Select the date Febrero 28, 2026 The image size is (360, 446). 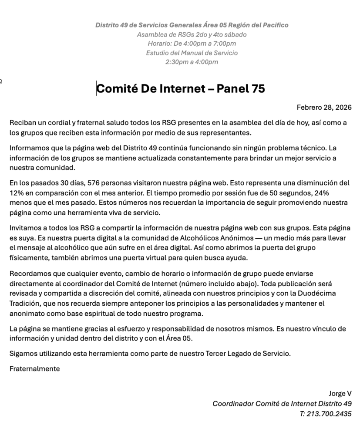point(324,107)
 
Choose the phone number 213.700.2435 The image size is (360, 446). point(329,414)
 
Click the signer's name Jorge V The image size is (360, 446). point(340,393)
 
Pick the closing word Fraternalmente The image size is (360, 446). point(34,368)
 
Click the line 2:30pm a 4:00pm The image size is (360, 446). point(192,62)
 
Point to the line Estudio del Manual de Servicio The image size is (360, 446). point(192,53)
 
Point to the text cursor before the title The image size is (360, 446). point(97,89)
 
